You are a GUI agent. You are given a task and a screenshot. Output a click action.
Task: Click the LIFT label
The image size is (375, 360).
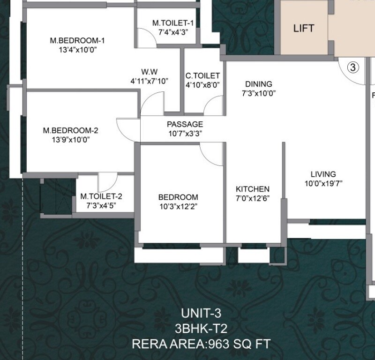pos(303,28)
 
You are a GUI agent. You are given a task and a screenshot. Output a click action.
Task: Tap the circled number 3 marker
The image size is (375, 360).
pos(353,67)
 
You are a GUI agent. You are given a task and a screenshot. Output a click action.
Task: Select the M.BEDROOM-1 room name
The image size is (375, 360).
pos(77,41)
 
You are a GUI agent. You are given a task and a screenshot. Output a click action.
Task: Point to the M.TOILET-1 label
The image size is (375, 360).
pos(173,23)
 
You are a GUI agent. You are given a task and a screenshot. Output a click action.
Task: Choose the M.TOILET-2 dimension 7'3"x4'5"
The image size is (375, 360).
pos(101,205)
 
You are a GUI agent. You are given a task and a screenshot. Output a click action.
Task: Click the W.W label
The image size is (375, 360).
pos(150,72)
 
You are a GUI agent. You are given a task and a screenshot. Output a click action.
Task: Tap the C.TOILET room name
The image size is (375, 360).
pos(202,75)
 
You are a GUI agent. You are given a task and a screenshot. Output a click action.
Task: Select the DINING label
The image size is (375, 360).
pos(258,84)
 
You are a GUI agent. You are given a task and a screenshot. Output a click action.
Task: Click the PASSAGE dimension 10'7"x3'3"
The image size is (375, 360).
pos(185,133)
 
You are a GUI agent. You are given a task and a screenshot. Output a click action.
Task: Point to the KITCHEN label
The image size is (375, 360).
pos(252,189)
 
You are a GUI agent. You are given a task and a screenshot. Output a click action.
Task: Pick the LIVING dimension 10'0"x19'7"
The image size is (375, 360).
pos(323,183)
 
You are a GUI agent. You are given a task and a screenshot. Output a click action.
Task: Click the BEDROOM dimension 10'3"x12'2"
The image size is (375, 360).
pos(178,206)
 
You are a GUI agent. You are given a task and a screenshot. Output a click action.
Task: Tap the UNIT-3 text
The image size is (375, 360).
pos(201,313)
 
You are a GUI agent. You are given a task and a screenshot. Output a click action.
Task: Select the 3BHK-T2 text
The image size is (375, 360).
pos(201,329)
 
